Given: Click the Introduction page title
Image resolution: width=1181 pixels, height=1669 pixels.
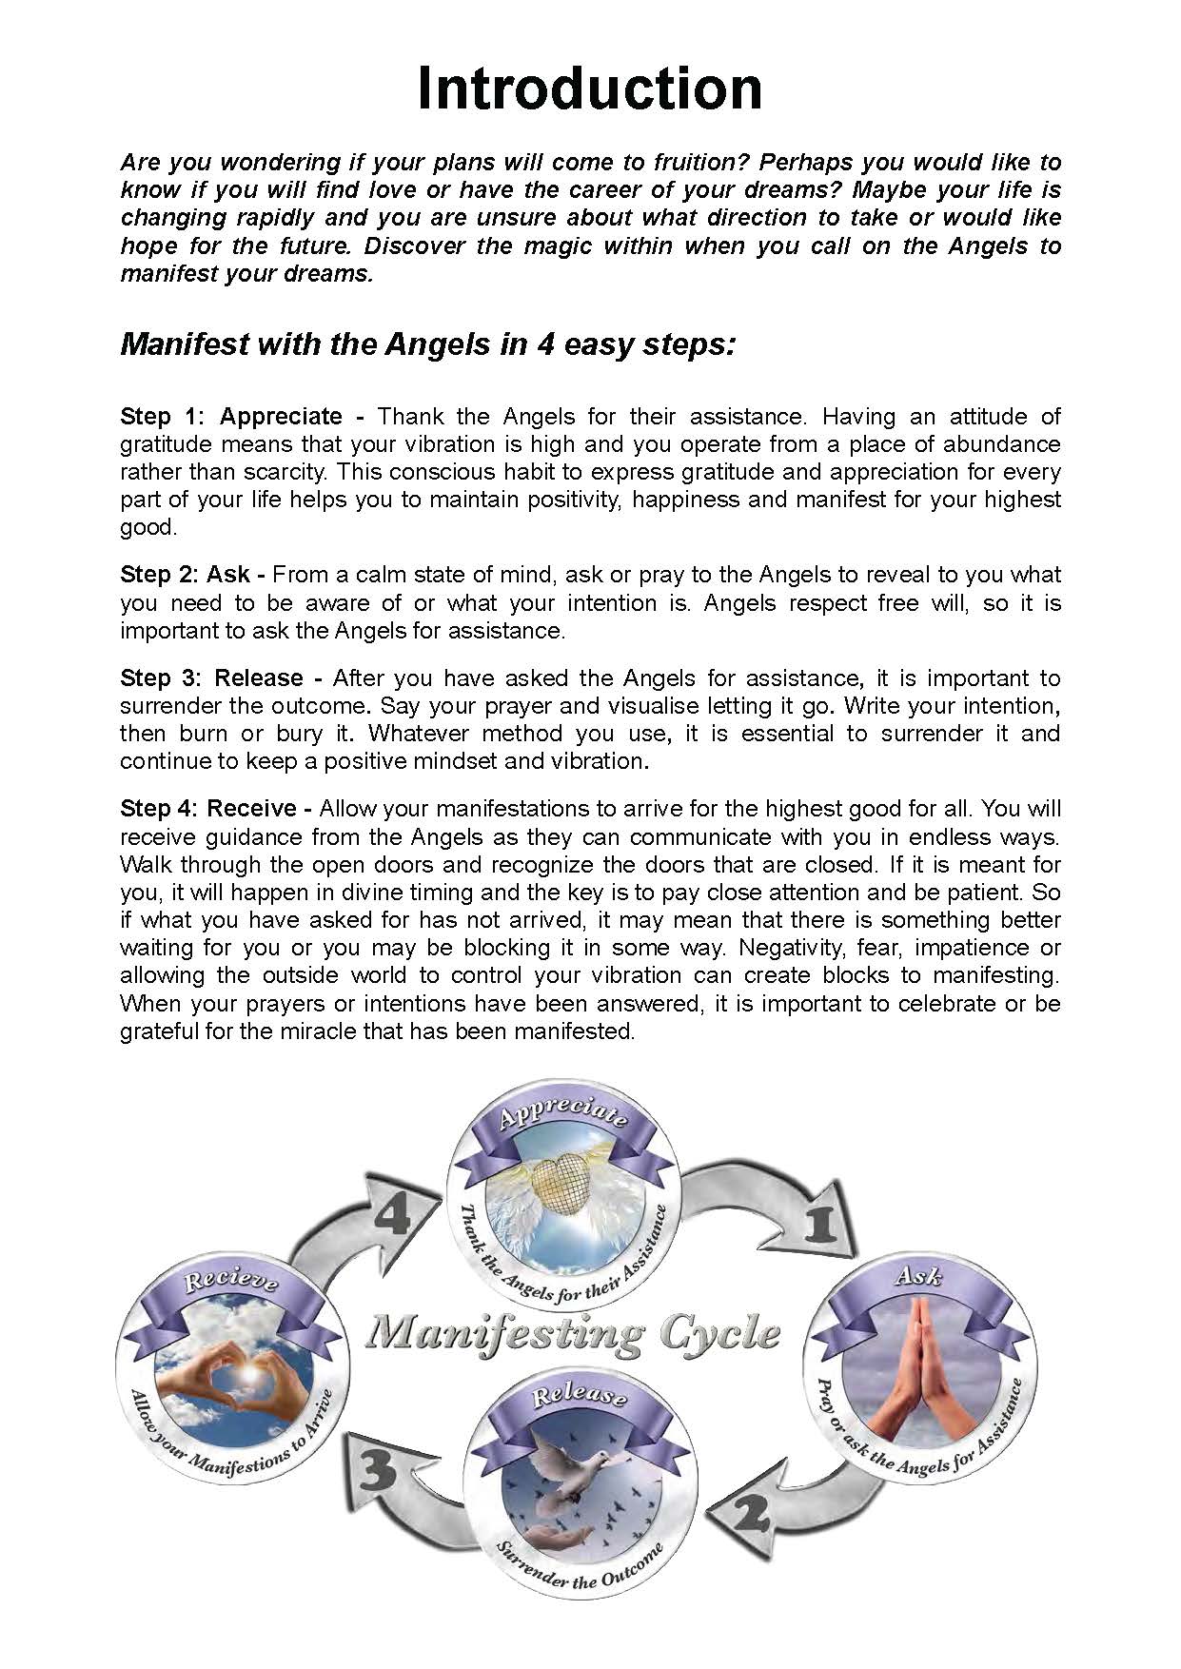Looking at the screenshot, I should pyautogui.click(x=590, y=88).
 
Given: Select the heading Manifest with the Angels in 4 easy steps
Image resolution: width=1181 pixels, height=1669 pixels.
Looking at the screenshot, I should pyautogui.click(x=427, y=344).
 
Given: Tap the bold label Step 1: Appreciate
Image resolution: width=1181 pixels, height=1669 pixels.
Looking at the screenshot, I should pyautogui.click(x=242, y=417).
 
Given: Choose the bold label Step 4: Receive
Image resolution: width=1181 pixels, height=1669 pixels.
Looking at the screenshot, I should pyautogui.click(x=216, y=809).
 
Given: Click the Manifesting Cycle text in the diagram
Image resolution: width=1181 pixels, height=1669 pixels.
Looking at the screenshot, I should pyautogui.click(x=573, y=1333).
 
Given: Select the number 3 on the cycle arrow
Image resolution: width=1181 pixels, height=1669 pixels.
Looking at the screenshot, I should pyautogui.click(x=378, y=1474).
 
